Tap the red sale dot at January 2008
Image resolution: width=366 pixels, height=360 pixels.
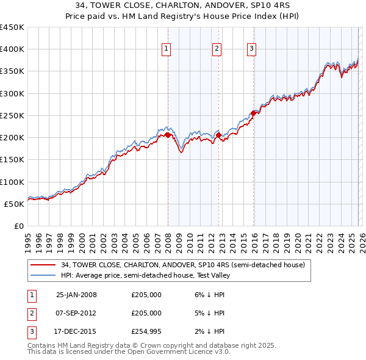pos(168,135)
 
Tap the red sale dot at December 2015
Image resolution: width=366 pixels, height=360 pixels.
pos(254,113)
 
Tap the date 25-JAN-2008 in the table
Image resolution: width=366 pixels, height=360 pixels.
pos(76,295)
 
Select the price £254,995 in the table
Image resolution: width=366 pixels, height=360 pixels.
pos(146,331)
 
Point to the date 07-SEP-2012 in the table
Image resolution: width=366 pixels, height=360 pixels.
pos(76,313)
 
